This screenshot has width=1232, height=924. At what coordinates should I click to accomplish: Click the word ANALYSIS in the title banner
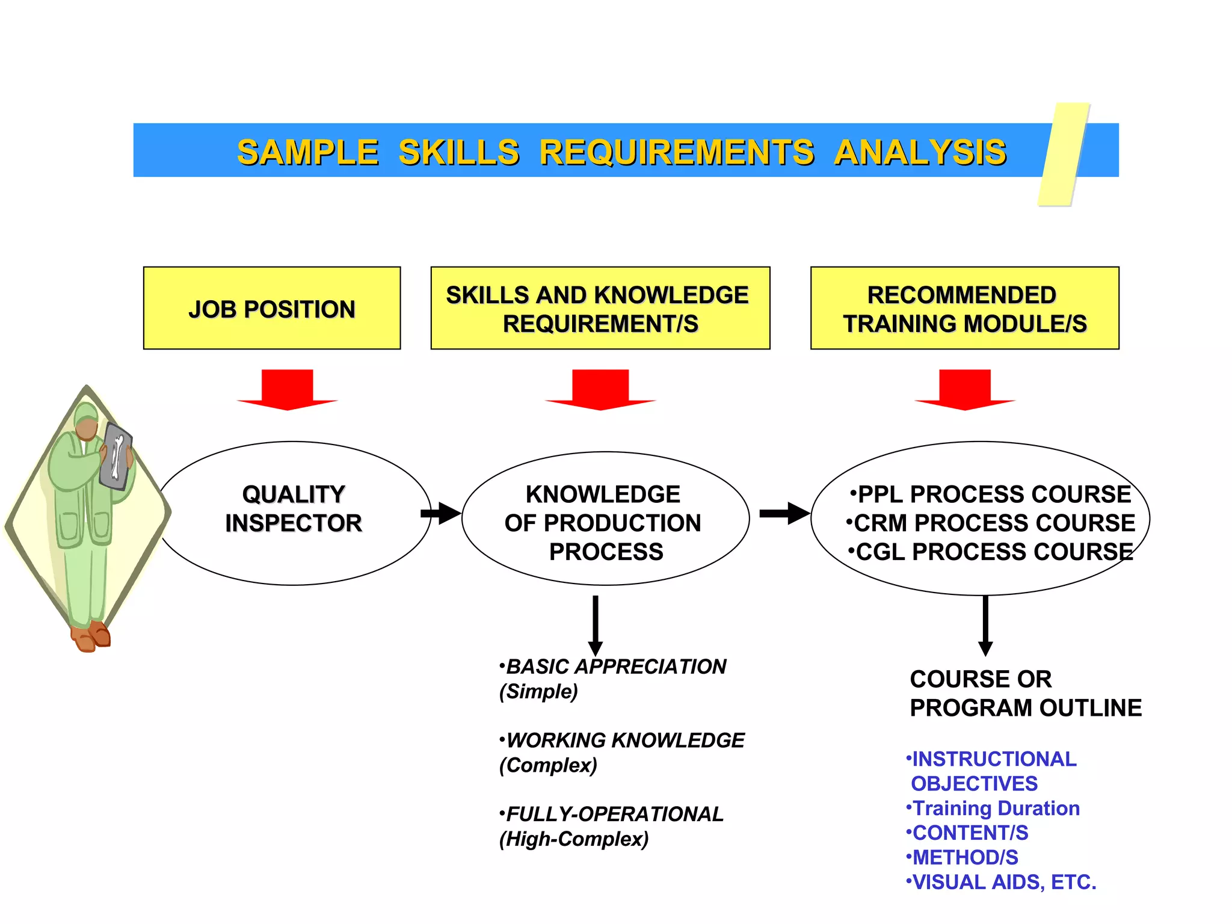click(920, 152)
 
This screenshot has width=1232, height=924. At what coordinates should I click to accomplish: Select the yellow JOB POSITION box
click(272, 308)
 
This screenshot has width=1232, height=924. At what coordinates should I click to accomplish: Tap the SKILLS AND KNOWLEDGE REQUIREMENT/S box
click(600, 308)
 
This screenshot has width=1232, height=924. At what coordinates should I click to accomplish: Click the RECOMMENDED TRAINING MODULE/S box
click(964, 308)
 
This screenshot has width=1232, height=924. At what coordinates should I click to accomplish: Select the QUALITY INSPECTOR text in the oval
click(294, 509)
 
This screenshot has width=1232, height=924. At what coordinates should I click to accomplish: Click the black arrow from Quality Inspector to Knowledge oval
click(441, 513)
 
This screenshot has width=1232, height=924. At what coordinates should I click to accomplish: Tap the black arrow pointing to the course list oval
click(784, 513)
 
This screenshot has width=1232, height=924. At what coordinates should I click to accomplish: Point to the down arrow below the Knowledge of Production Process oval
click(596, 626)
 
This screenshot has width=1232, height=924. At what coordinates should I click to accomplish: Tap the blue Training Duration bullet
click(993, 808)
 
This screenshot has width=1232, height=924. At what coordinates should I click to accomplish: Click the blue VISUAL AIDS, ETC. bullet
click(1002, 882)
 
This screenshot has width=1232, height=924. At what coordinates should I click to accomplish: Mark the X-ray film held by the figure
click(116, 457)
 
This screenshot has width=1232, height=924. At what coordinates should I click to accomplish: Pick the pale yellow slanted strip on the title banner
click(1064, 155)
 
